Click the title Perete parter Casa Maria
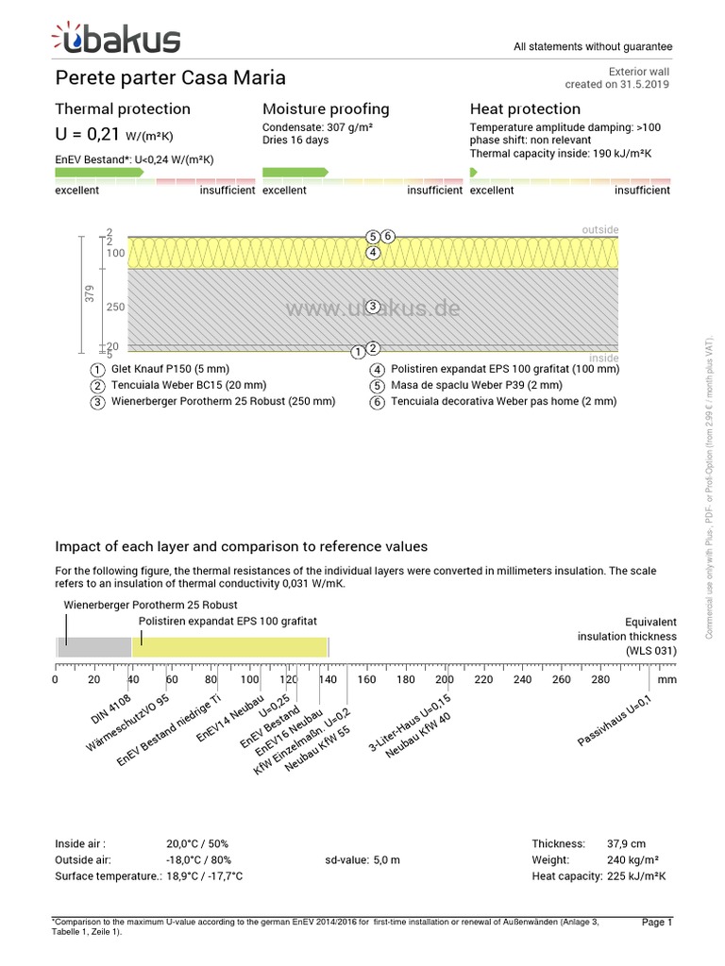pyautogui.click(x=170, y=77)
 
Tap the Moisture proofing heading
pyautogui.click(x=326, y=109)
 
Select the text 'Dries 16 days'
pyautogui.click(x=295, y=141)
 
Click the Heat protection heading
pyautogui.click(x=525, y=109)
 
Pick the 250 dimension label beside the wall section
pyautogui.click(x=115, y=308)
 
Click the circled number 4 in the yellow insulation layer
pyautogui.click(x=374, y=253)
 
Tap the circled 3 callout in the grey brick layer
pyautogui.click(x=374, y=307)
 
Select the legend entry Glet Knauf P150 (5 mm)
pyautogui.click(x=169, y=369)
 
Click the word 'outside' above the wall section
pyautogui.click(x=600, y=229)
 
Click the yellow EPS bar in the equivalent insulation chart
pyautogui.click(x=230, y=647)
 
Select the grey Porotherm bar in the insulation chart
pyautogui.click(x=94, y=647)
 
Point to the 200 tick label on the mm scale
pyautogui.click(x=444, y=679)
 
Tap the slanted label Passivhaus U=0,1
pyautogui.click(x=615, y=722)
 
